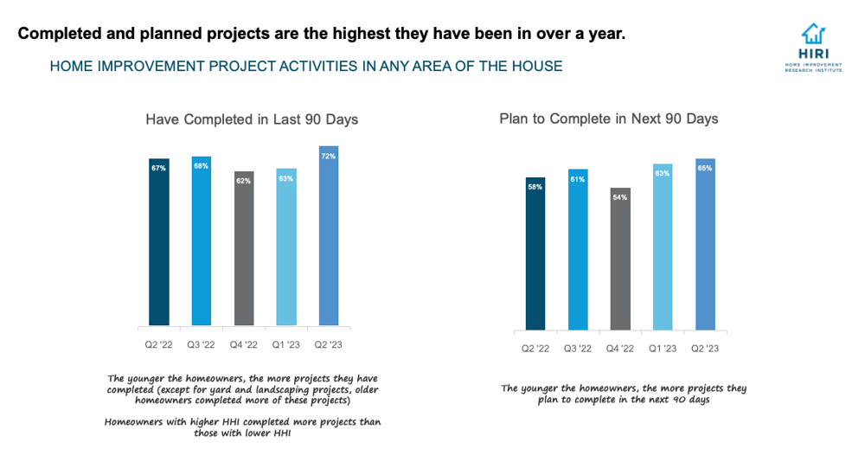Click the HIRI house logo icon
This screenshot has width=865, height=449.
click(x=812, y=35)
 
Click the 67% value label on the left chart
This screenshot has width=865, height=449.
click(x=158, y=168)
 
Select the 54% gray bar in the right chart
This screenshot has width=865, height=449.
click(x=620, y=259)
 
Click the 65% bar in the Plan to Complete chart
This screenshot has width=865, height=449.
click(x=705, y=244)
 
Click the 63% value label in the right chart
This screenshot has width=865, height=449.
click(x=663, y=174)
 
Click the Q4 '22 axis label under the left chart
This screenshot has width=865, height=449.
click(x=244, y=344)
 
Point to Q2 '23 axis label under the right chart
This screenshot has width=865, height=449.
click(x=705, y=349)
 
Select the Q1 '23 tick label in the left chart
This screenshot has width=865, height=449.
click(x=286, y=344)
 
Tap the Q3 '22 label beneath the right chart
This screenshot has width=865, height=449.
click(x=578, y=349)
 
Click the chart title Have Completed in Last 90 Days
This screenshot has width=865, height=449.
click(x=252, y=119)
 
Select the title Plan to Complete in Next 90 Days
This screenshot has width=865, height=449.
click(x=609, y=119)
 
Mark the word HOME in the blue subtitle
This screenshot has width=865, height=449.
click(x=70, y=66)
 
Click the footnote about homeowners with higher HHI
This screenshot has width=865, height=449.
click(x=242, y=427)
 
